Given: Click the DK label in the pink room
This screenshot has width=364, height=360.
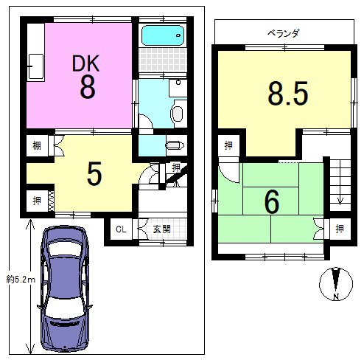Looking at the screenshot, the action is pos(85,63).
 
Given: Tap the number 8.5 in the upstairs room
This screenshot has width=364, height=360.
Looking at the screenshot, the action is pos(288,94).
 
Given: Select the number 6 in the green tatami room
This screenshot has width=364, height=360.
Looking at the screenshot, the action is pos(272,202).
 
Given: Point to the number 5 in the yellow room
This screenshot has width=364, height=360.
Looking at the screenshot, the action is pos(94,173).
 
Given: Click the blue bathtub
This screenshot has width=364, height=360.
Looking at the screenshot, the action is pos(163,35).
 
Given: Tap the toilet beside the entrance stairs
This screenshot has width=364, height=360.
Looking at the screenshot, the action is pos(175,145).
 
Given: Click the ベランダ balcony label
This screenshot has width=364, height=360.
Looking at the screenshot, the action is pos(284,32).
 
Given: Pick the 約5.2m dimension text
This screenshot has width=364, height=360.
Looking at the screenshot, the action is pos(21,280).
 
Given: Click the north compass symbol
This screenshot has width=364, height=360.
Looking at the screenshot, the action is pos(336,284).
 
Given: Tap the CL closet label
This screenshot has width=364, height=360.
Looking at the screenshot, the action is pos(121,229).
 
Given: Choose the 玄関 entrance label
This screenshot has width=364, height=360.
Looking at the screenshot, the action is pos(161,229).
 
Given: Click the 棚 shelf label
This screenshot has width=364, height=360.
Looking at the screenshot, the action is pos(37,146).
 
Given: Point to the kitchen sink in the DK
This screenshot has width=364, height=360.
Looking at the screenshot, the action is pos(36,67).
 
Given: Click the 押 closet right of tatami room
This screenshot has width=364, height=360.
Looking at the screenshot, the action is pos(340,229).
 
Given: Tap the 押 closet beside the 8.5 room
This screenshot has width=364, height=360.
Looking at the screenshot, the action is pos(228,145).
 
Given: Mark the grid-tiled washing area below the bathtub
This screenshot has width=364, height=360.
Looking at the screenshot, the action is pos(163,60).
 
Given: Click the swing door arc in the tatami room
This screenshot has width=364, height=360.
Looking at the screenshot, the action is pos(228,176).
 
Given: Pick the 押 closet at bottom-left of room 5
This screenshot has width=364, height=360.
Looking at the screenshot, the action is pos(37,201).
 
